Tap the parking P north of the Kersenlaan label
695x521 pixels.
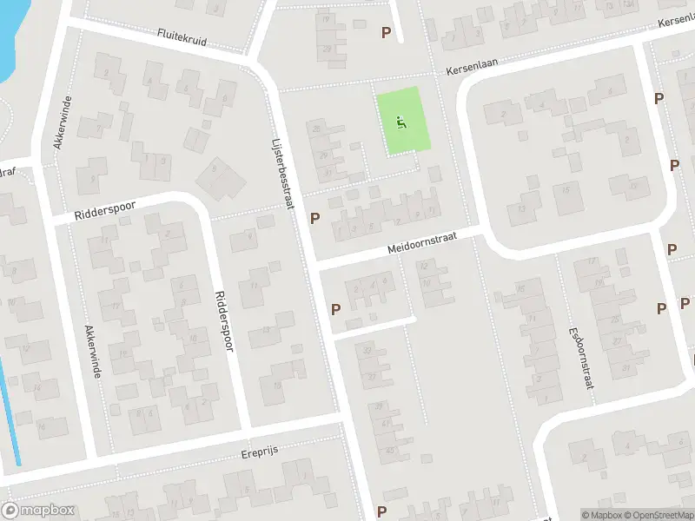coord(386,32)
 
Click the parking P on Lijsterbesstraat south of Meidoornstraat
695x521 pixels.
coord(335,309)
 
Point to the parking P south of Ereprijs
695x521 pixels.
coord(381,511)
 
